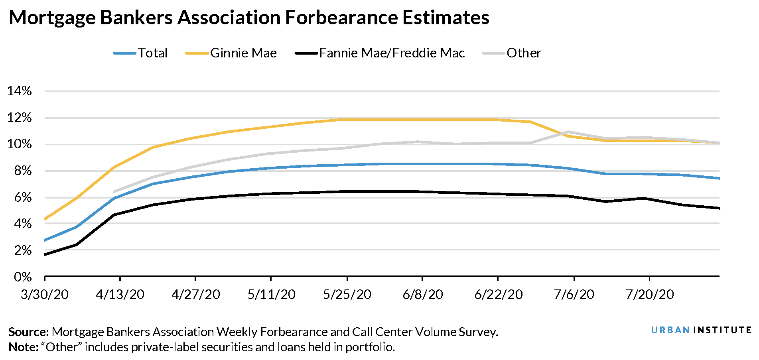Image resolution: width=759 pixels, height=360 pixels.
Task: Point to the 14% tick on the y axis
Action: (x=19, y=91)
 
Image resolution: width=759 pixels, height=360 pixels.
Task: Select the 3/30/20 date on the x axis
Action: (x=44, y=295)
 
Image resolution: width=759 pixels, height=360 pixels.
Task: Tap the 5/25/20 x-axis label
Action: (x=347, y=295)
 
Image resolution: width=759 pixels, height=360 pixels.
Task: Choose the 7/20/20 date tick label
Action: (x=649, y=295)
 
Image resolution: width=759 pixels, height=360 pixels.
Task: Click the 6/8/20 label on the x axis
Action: (x=422, y=295)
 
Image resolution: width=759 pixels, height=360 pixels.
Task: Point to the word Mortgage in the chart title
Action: (x=52, y=18)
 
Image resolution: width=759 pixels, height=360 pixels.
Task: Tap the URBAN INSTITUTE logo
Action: (x=701, y=330)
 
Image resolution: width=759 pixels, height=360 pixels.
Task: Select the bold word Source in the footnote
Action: (x=28, y=332)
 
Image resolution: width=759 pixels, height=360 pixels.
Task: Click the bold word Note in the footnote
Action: (x=23, y=347)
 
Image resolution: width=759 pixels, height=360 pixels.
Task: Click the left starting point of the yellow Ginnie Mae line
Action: (x=45, y=219)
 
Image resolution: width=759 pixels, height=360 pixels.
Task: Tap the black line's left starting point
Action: (x=45, y=254)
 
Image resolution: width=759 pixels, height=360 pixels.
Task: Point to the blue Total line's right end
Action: (x=719, y=178)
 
